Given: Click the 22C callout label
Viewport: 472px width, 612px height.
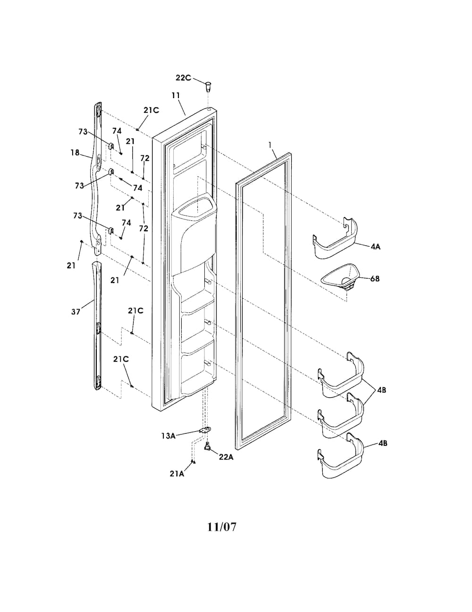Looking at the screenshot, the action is coord(183,78).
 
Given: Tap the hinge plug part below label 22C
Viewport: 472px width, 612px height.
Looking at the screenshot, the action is coord(208,86).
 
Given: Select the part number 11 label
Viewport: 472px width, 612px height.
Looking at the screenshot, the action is coord(176,95).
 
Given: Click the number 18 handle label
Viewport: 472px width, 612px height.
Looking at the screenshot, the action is coord(75,153).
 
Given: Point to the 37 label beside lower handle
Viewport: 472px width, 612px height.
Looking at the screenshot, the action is coord(76,312).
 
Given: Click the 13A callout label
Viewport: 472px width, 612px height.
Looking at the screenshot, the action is coord(169,436).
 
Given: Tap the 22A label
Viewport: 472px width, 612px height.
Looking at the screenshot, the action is coord(227,457).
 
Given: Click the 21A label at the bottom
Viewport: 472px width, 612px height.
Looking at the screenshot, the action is coord(177,474).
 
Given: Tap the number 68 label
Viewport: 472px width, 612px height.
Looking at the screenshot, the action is coord(375,278).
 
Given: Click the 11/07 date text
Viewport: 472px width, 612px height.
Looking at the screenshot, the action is coord(222,527).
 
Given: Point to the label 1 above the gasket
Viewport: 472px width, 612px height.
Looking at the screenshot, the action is coord(270,145).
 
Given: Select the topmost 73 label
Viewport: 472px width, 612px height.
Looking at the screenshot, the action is coord(83,132).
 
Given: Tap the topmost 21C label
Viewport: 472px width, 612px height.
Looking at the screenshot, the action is coord(151,110).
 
